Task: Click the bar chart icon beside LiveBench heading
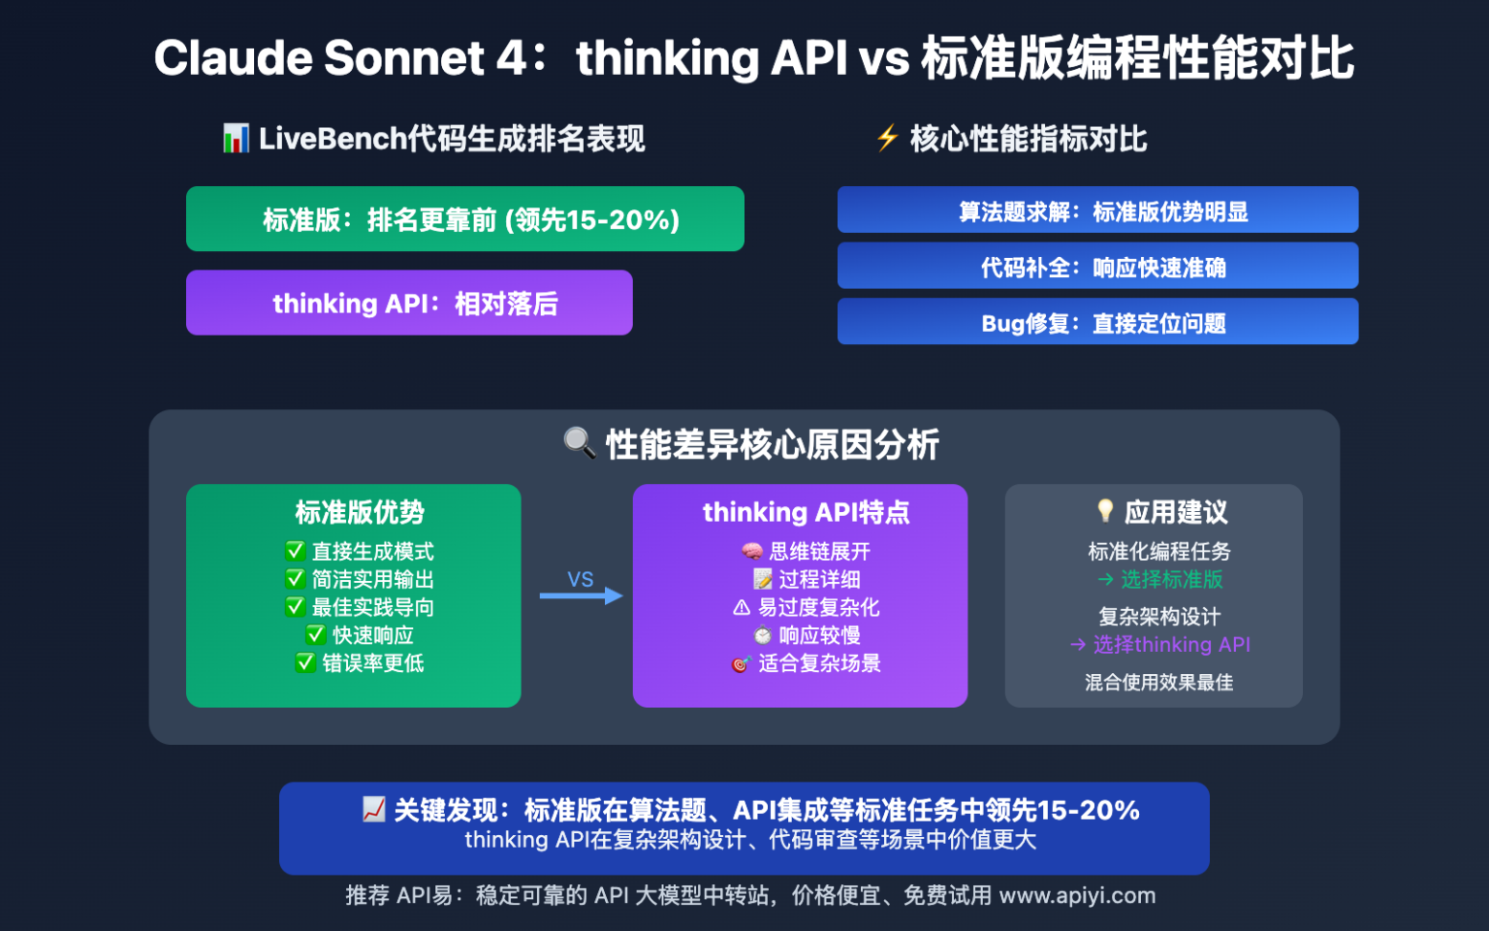pyautogui.click(x=236, y=139)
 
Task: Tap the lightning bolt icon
pyautogui.click(x=887, y=138)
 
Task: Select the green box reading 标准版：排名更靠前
pyautogui.click(x=465, y=219)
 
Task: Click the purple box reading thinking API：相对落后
pyautogui.click(x=409, y=303)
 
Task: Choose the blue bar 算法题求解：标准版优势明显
pyautogui.click(x=1097, y=210)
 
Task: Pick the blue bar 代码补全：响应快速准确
pyautogui.click(x=1097, y=267)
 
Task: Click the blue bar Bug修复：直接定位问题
pyautogui.click(x=1097, y=322)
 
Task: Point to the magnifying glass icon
pyautogui.click(x=579, y=443)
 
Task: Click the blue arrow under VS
pyautogui.click(x=581, y=595)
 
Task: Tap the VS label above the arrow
pyautogui.click(x=581, y=579)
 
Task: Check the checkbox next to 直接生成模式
pyautogui.click(x=295, y=551)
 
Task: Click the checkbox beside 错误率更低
pyautogui.click(x=305, y=662)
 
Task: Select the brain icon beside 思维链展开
pyautogui.click(x=752, y=552)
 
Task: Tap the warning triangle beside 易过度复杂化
pyautogui.click(x=742, y=607)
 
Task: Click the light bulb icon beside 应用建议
pyautogui.click(x=1104, y=510)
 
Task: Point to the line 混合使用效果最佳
pyautogui.click(x=1158, y=682)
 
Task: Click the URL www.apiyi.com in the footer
pyautogui.click(x=1077, y=895)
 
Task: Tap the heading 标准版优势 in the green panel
pyautogui.click(x=360, y=512)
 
